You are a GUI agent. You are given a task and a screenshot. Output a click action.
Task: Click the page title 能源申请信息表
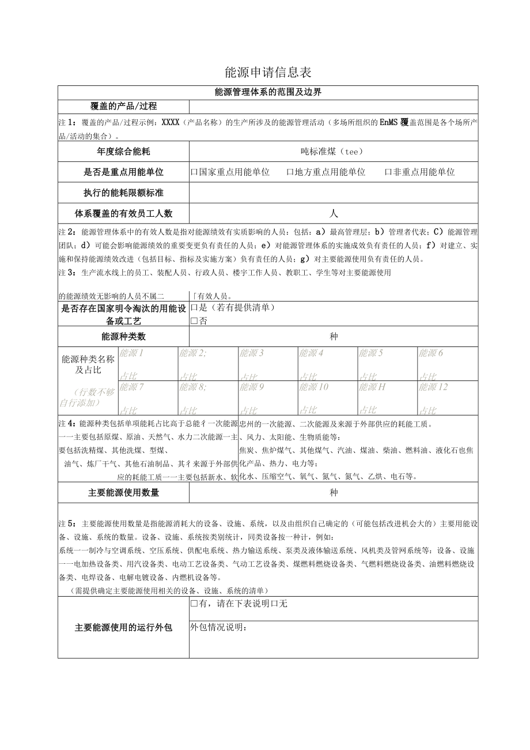pyautogui.click(x=268, y=73)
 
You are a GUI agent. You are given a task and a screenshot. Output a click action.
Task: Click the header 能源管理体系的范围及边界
pyautogui.click(x=268, y=92)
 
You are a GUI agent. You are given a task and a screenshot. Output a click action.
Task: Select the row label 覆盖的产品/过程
pyautogui.click(x=123, y=107)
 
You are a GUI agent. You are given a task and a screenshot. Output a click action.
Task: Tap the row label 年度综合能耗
pyautogui.click(x=123, y=152)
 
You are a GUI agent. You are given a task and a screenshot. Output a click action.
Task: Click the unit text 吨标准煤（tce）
pyautogui.click(x=334, y=152)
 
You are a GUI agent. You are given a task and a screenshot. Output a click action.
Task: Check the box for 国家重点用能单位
pyautogui.click(x=195, y=172)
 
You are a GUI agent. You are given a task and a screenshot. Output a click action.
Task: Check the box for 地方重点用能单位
pyautogui.click(x=290, y=172)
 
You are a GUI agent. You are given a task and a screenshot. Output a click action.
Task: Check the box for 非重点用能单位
pyautogui.click(x=388, y=172)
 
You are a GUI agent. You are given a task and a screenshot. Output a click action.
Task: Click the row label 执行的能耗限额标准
pyautogui.click(x=123, y=193)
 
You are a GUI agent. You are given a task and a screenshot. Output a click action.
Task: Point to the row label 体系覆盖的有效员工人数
pyautogui.click(x=123, y=213)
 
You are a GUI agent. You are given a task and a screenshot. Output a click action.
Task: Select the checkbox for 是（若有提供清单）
pyautogui.click(x=195, y=308)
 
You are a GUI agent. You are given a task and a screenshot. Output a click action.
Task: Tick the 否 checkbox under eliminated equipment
pyautogui.click(x=194, y=321)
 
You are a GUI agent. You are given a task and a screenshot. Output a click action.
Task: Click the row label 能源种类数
pyautogui.click(x=123, y=337)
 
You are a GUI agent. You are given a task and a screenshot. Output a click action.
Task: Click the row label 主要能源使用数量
pyautogui.click(x=123, y=493)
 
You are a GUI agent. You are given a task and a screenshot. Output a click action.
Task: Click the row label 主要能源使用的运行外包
pyautogui.click(x=123, y=628)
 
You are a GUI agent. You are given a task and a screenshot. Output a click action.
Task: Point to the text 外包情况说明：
pyautogui.click(x=219, y=627)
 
